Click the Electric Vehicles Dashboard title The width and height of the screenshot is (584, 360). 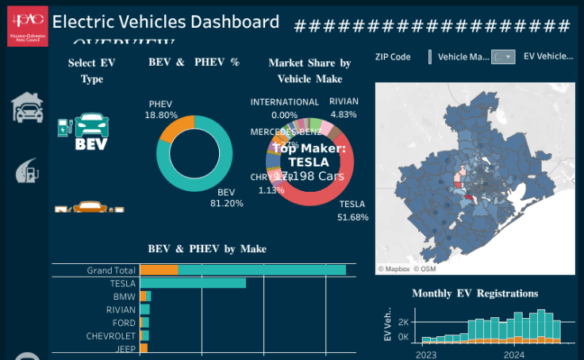click(165, 23)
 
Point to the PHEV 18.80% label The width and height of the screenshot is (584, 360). click(161, 109)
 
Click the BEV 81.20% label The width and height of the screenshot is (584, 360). click(227, 197)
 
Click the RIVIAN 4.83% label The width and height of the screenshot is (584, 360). click(344, 108)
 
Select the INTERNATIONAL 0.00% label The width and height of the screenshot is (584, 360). click(284, 108)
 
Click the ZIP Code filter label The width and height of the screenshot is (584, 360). click(393, 57)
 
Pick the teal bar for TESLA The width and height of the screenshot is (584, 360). click(193, 283)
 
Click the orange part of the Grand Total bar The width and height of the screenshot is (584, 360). click(159, 270)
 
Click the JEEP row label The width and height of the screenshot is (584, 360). click(125, 349)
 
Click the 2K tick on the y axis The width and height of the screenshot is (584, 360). click(403, 323)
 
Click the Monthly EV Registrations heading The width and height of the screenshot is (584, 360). click(474, 293)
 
